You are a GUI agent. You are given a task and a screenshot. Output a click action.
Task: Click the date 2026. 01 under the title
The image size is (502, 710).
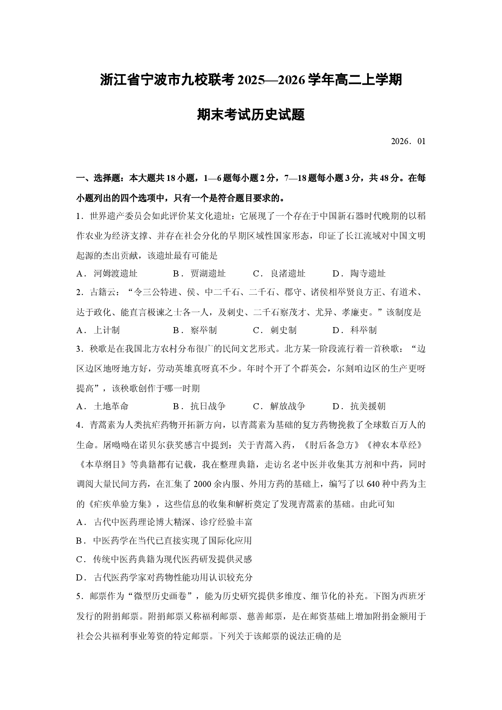click(408, 142)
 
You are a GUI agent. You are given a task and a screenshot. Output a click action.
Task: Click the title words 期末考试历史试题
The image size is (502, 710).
click(251, 115)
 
